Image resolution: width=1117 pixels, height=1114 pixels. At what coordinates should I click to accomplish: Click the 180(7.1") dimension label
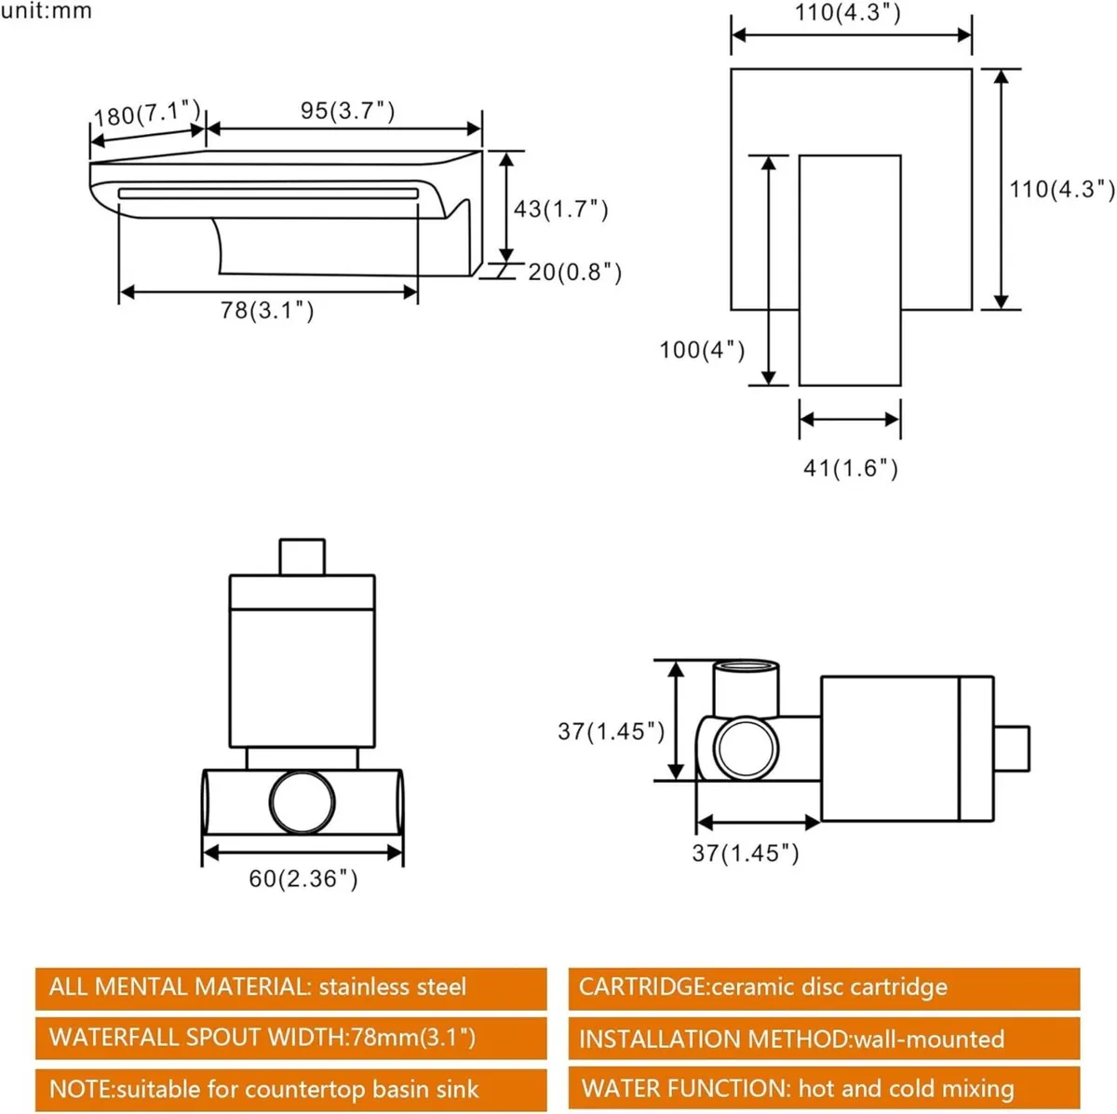147,114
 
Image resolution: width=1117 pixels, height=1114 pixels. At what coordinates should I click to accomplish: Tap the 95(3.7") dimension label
347,111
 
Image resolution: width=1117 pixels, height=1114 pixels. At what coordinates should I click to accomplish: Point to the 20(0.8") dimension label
574,272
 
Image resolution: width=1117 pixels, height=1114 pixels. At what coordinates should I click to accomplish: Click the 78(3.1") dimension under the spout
267,310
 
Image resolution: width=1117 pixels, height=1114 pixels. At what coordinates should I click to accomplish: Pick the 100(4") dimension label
702,350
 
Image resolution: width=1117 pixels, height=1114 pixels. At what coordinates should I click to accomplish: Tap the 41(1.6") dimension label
850,467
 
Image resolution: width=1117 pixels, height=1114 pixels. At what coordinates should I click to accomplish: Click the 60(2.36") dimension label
303,878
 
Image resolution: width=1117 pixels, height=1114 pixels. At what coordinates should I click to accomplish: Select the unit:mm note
47,11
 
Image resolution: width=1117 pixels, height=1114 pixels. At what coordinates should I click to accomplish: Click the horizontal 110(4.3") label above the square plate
848,13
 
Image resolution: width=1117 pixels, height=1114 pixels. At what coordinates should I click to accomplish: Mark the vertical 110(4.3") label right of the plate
1062,189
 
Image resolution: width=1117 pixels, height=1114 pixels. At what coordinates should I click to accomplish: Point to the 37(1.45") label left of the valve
611,731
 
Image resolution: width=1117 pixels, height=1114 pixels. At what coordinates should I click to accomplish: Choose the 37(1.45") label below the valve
745,852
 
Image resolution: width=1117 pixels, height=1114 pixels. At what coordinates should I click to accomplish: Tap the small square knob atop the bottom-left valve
302,557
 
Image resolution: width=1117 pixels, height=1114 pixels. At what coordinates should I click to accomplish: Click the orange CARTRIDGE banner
824,987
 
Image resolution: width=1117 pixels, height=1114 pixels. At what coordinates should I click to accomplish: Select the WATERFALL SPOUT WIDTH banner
290,1037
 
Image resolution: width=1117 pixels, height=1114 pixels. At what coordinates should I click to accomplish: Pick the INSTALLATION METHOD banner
824,1039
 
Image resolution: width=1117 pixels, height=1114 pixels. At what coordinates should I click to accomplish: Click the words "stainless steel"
392,986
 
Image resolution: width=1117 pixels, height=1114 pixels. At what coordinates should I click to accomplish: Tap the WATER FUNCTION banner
824,1088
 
